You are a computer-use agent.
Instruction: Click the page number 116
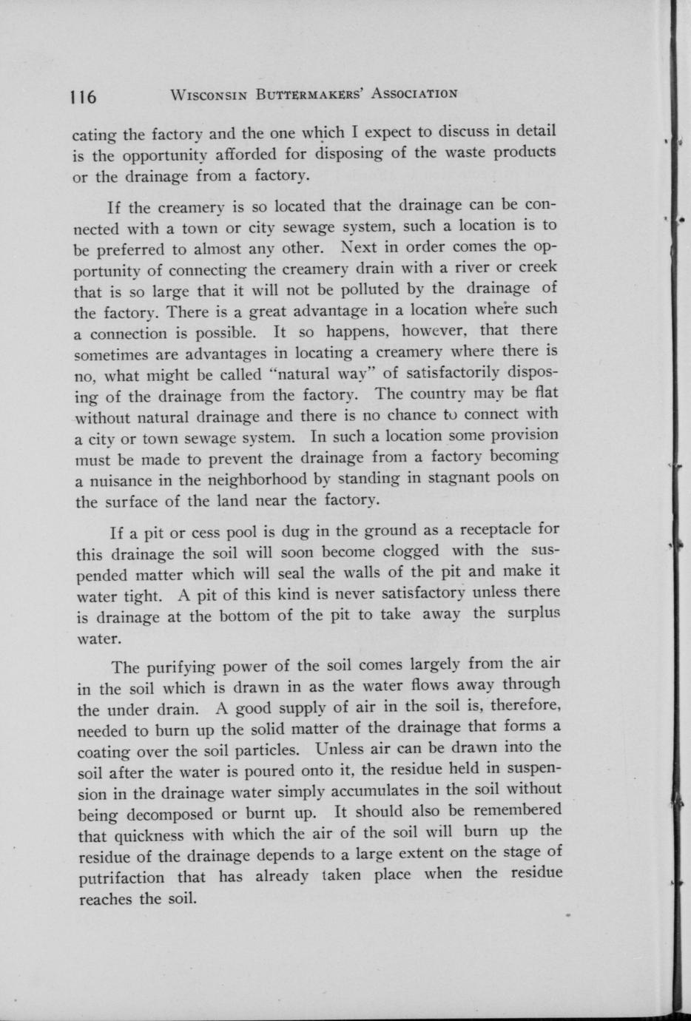tap(84, 97)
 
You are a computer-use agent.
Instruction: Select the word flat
tap(545, 392)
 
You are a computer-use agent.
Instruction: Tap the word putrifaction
tap(121, 878)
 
